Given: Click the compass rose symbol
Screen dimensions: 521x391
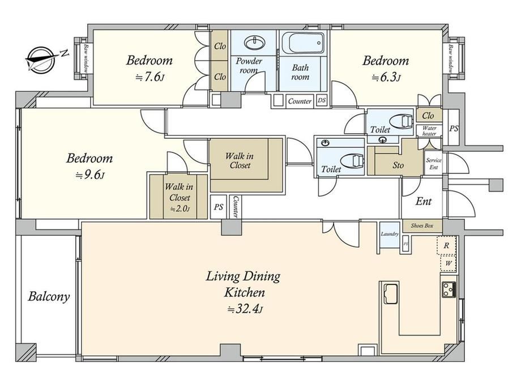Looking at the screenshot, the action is coord(41,59).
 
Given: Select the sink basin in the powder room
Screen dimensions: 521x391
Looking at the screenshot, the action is coord(254,42).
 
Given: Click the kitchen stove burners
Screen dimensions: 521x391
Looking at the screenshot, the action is coord(449,289).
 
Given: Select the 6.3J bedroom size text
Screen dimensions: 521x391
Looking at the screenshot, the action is coord(386,78).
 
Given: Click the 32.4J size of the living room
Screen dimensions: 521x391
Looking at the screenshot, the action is coord(245,309).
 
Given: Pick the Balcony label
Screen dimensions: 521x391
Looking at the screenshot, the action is coord(49,296).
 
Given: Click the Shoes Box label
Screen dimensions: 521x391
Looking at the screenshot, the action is coord(422,226).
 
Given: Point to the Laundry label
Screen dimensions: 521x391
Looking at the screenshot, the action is coord(390,233).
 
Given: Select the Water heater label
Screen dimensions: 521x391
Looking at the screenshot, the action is coord(429,131).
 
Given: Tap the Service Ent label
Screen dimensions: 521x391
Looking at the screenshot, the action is coord(434,164).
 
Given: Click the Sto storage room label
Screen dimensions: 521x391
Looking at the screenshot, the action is coord(398,165).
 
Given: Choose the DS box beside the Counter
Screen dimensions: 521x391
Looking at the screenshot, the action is coord(321,100).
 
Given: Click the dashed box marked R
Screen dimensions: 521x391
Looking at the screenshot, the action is coord(446,245).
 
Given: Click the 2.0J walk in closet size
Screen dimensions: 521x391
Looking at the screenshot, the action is coord(180,209).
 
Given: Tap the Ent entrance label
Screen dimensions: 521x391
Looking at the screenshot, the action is coord(424,201).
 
